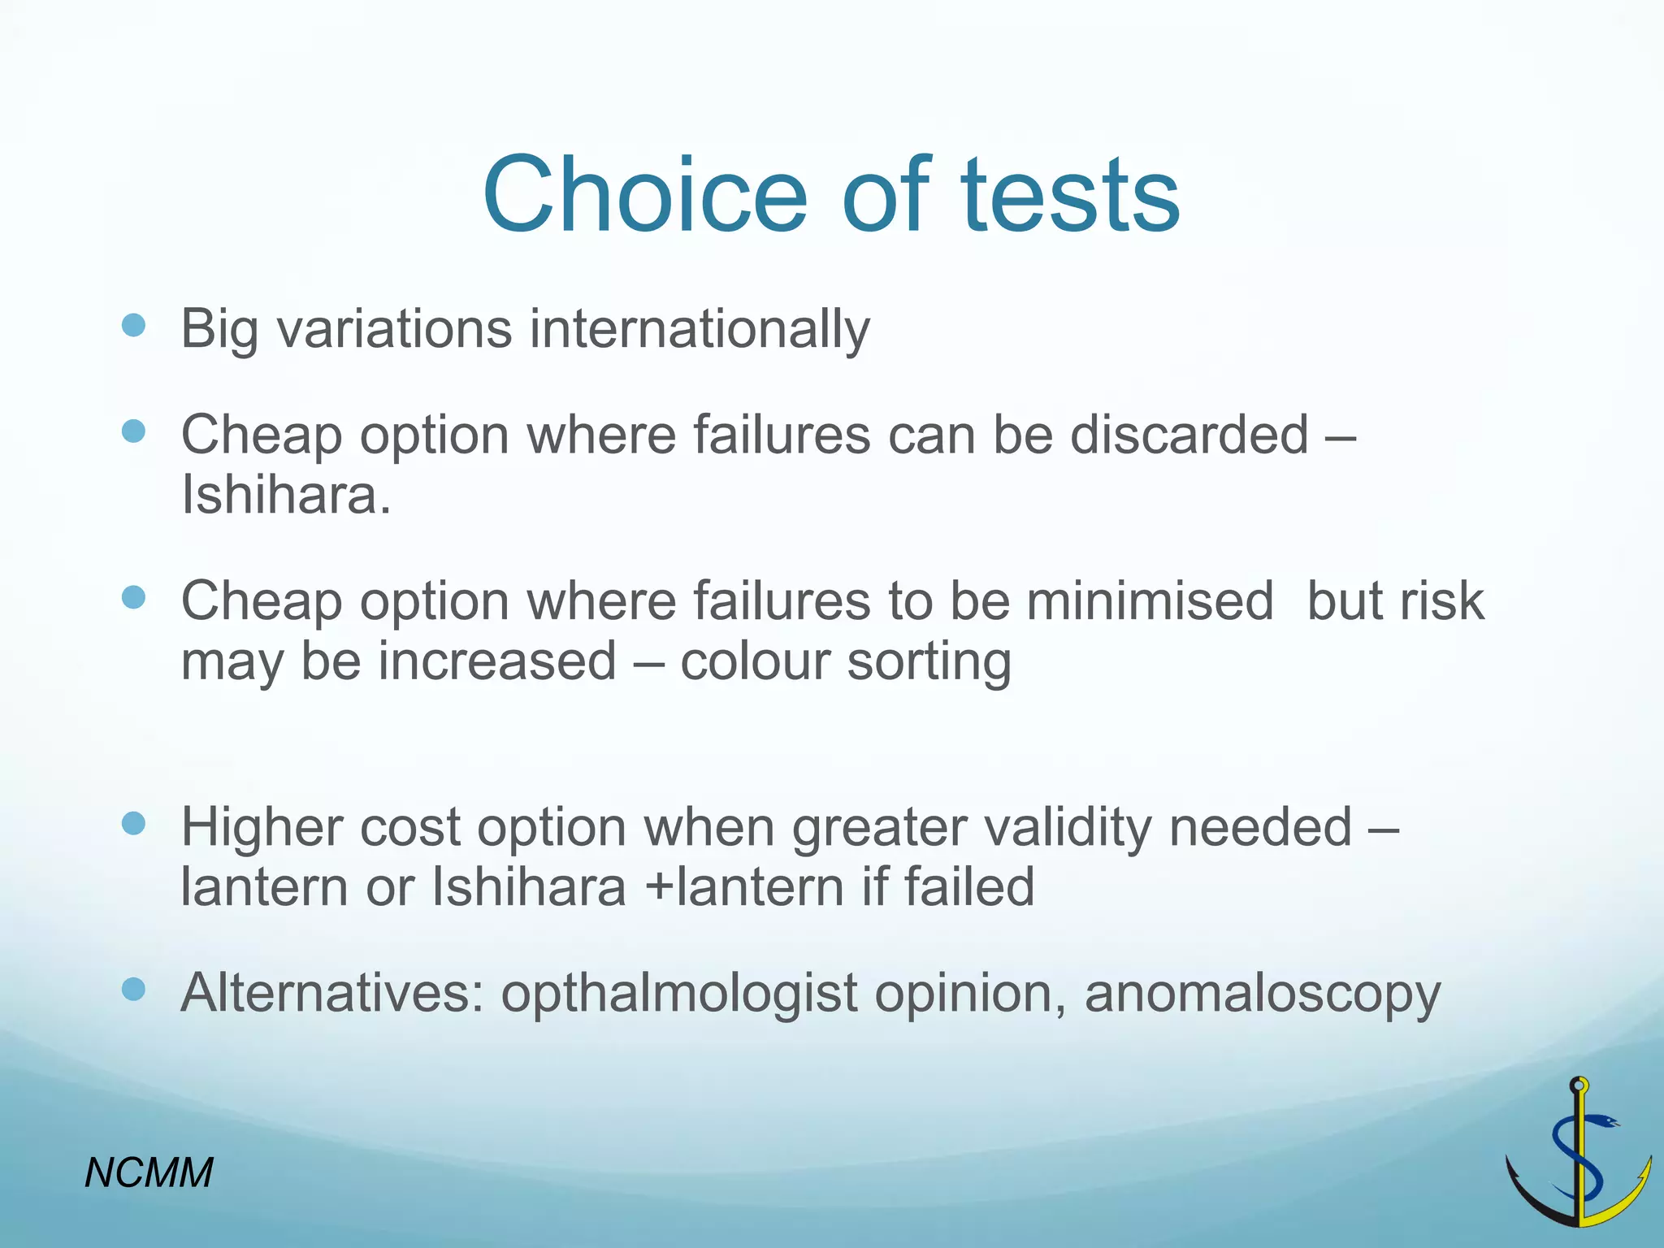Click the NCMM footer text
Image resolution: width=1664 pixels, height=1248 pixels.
point(149,1172)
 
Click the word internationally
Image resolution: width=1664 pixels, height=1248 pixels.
point(700,330)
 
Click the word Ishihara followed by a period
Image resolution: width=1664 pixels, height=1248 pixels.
point(286,496)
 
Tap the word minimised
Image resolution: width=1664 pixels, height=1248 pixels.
point(1150,602)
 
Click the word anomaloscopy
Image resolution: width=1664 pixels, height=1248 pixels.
point(1262,994)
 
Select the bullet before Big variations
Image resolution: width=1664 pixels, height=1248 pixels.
point(133,327)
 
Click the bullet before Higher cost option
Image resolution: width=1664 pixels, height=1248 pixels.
point(133,824)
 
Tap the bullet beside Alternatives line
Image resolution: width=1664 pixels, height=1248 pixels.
point(133,990)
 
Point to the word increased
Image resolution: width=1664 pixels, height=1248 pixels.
point(497,662)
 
